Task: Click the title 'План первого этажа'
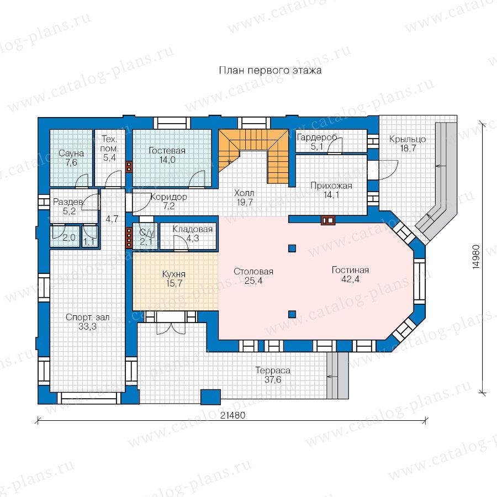[x=270, y=70]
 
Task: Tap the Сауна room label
[x=71, y=154]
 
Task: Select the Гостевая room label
[x=167, y=151]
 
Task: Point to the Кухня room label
[x=174, y=274]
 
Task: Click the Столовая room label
[x=253, y=271]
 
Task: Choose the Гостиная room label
[x=350, y=270]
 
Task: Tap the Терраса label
[x=273, y=370]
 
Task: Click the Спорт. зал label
[x=87, y=318]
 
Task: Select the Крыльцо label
[x=408, y=139]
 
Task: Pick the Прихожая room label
[x=331, y=186]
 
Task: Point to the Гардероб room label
[x=317, y=138]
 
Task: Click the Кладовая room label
[x=192, y=229]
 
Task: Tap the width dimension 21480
[x=232, y=415]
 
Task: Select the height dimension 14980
[x=476, y=257]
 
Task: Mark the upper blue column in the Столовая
[x=292, y=248]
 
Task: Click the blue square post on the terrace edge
[x=211, y=397]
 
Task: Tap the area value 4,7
[x=112, y=219]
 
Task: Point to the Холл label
[x=244, y=193]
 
